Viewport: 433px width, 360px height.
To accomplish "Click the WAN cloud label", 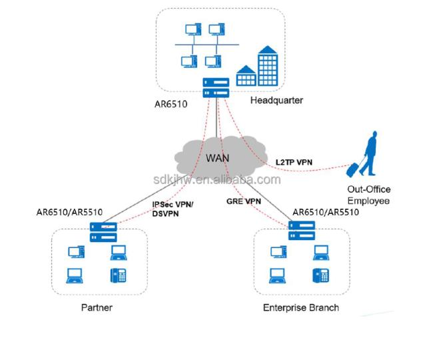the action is click(217, 158).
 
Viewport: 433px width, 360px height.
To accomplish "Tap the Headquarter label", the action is click(276, 100).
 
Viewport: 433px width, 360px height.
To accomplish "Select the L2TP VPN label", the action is click(294, 162).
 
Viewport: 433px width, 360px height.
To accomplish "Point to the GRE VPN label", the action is click(244, 201).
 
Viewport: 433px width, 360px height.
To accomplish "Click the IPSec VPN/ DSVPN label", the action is click(173, 209).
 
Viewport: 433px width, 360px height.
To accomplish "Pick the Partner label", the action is click(97, 307).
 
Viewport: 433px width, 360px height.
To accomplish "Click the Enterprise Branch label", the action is click(300, 307).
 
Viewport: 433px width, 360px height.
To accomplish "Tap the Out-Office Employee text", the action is click(368, 195).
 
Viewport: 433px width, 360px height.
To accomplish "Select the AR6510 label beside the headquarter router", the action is click(171, 104).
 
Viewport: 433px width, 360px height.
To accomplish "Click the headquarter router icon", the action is click(216, 88).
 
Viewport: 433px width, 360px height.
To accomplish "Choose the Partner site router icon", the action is click(103, 233).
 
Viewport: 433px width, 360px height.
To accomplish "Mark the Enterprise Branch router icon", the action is click(302, 231).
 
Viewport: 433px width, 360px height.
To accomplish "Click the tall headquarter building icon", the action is click(268, 66).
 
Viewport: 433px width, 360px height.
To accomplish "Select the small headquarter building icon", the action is click(246, 76).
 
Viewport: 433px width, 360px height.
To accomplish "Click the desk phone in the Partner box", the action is click(118, 275).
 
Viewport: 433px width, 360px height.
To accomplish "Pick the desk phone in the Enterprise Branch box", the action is click(320, 275).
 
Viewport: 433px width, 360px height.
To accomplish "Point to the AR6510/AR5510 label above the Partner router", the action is click(69, 212).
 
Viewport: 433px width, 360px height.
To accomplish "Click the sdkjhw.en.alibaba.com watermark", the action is click(217, 179).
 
